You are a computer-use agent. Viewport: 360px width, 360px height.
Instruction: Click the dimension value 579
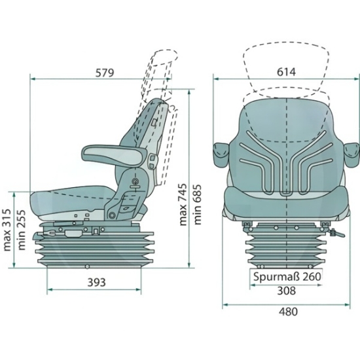coord(105,73)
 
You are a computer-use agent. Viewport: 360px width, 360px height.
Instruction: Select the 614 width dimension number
coord(286,72)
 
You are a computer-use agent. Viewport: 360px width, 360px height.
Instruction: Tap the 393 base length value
coord(97,282)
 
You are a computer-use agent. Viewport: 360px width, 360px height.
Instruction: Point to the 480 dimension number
coord(289,312)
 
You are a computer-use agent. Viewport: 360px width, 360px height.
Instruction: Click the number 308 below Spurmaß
coord(286,291)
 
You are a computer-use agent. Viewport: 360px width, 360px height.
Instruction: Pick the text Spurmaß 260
coord(287,276)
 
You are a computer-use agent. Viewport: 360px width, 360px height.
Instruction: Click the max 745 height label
coord(183,204)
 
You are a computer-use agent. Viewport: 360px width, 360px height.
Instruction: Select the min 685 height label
coord(197,204)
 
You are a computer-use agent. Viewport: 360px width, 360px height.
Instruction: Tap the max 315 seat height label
coord(7,230)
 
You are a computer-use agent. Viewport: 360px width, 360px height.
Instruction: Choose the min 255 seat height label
coord(21,230)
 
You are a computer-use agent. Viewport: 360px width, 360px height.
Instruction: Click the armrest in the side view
coord(114,154)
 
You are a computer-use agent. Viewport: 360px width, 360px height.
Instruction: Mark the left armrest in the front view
coord(221,154)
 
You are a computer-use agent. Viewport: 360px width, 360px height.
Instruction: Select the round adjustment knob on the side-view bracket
coord(135,181)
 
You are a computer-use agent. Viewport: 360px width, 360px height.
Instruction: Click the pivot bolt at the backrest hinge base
coord(112,215)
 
